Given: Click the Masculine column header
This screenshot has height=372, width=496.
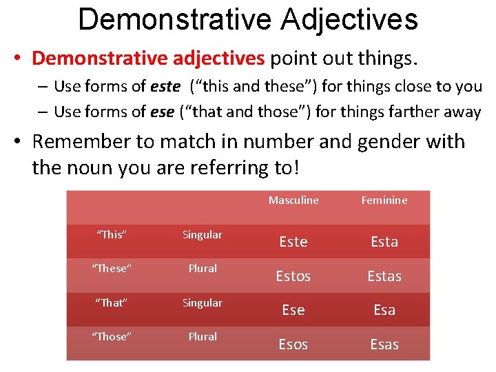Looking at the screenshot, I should [x=293, y=200].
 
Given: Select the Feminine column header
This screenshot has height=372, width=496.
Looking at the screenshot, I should [x=384, y=200].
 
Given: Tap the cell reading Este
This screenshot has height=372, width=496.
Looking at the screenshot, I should [x=293, y=242].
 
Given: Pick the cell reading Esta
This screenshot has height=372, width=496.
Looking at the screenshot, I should [x=384, y=242].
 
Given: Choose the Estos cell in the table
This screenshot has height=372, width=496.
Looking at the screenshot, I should [x=293, y=276].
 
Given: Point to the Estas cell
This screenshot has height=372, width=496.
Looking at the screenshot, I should [x=384, y=276].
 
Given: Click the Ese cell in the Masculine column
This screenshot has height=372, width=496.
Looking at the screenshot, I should [x=293, y=310].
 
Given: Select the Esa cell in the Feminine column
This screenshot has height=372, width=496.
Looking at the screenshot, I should [x=384, y=310].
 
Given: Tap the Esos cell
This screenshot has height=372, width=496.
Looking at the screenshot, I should [x=293, y=344].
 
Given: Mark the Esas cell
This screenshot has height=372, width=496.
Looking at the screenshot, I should [x=384, y=344].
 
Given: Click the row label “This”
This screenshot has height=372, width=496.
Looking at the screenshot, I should [x=112, y=235].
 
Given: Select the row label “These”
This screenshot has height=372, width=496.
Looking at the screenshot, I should [x=112, y=269].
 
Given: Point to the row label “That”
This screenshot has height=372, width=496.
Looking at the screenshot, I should [x=112, y=303].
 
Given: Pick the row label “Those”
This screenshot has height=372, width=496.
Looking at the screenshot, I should [x=112, y=337].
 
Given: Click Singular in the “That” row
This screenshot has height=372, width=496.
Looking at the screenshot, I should [x=203, y=303].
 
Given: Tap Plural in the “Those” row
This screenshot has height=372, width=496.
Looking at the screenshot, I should [x=203, y=337].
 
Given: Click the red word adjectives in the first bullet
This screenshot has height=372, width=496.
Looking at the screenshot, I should [x=210, y=59].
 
